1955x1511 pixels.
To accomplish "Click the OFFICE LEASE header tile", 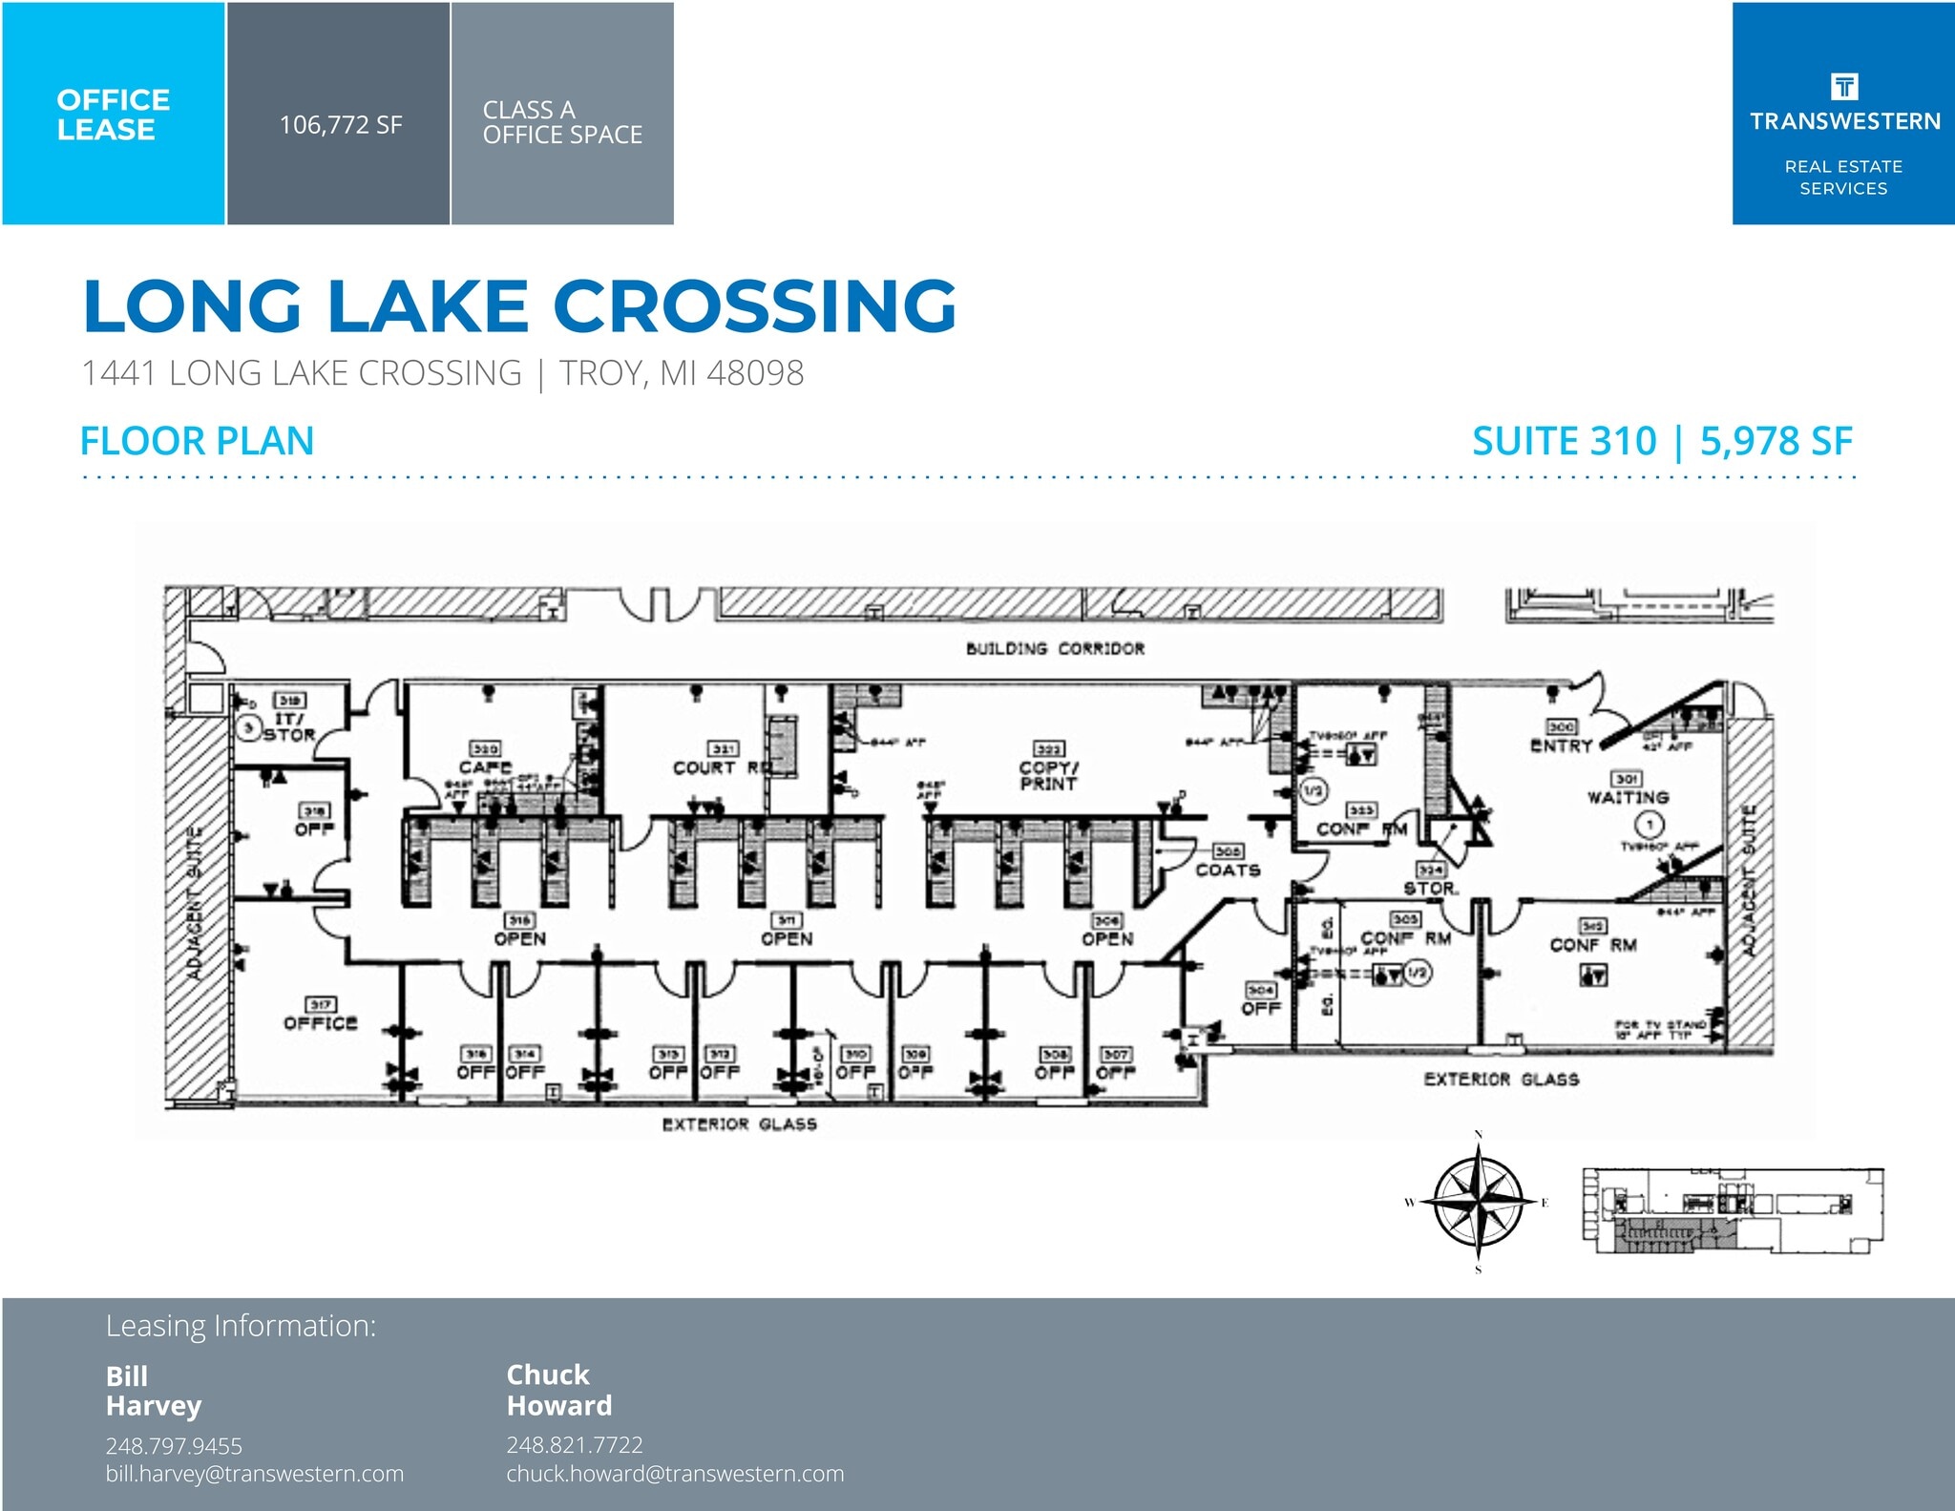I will pyautogui.click(x=113, y=114).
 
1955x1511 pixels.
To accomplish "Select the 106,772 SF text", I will pyautogui.click(x=340, y=125).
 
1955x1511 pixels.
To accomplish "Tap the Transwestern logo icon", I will pyautogui.click(x=1843, y=87).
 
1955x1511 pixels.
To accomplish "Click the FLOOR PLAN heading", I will pyautogui.click(x=197, y=441).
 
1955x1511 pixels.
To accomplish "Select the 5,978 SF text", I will pyautogui.click(x=1776, y=441).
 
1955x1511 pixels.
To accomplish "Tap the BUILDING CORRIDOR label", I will pyautogui.click(x=1055, y=649).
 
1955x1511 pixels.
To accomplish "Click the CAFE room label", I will pyautogui.click(x=485, y=766).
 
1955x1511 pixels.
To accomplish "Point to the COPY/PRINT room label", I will pyautogui.click(x=1048, y=775).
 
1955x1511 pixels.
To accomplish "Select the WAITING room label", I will pyautogui.click(x=1628, y=797).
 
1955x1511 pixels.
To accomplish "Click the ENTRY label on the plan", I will pyautogui.click(x=1561, y=745).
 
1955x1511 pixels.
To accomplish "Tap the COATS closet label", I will pyautogui.click(x=1228, y=870).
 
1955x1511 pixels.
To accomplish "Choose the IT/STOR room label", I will pyautogui.click(x=289, y=726).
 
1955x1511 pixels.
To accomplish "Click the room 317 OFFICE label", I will pyautogui.click(x=320, y=1023).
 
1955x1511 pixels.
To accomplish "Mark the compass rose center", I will pyautogui.click(x=1478, y=1202).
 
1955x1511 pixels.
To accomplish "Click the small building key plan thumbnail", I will pyautogui.click(x=1733, y=1209).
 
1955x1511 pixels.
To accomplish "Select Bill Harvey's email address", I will pyautogui.click(x=254, y=1474).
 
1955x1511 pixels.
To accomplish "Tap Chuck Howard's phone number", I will pyautogui.click(x=574, y=1444).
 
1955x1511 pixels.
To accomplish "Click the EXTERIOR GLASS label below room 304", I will pyautogui.click(x=1501, y=1080).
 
